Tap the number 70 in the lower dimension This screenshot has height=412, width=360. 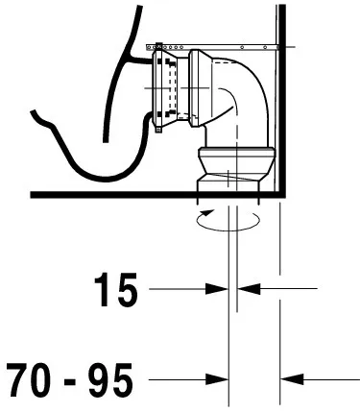tap(36, 377)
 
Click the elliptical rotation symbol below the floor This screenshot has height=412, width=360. tap(228, 219)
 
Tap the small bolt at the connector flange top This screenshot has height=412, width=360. tap(156, 45)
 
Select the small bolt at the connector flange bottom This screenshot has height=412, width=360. tap(156, 133)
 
